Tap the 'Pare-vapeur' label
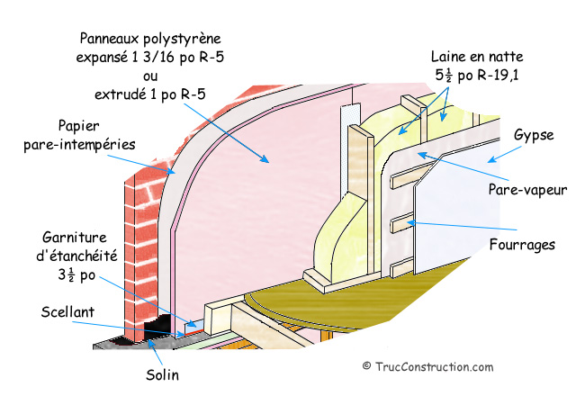click(526, 191)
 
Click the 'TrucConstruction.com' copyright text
click(434, 366)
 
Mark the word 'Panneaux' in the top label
click(112, 39)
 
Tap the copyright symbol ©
click(366, 366)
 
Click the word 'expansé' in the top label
click(104, 56)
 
